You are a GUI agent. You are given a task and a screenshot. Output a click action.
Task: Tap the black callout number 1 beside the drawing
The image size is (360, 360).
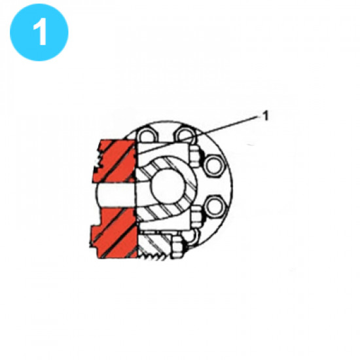pos(266,116)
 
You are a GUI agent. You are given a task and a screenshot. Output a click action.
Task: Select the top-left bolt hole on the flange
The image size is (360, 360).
pos(148,137)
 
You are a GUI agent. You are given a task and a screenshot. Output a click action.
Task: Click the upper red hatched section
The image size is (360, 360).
pos(117,160)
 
